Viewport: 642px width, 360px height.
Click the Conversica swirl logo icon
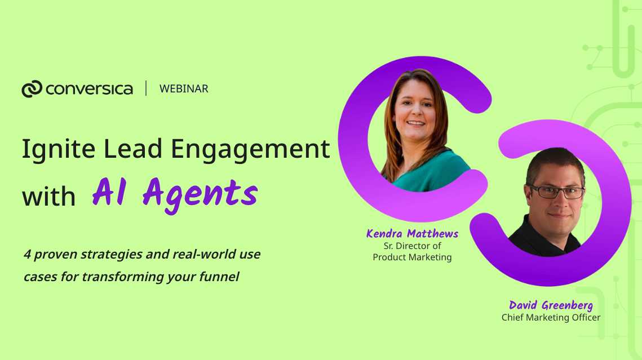32,89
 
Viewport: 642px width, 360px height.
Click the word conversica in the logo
89,89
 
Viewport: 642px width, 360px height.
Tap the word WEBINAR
184,89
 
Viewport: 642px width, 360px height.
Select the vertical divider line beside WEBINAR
146,88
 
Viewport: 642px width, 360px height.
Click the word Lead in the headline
133,148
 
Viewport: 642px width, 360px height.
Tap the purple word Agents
200,194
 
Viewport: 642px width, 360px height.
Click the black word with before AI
48,196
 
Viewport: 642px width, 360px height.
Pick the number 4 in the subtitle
28,255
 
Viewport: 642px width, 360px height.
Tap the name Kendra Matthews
412,234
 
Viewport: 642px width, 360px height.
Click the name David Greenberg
551,305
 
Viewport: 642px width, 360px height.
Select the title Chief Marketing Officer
551,317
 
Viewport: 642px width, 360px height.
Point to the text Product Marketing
412,257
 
